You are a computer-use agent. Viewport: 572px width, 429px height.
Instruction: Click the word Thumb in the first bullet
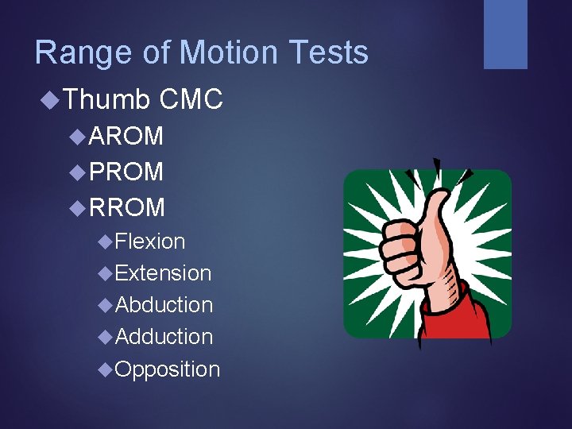tap(106, 99)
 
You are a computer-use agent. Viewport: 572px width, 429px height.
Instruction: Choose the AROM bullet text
tap(127, 137)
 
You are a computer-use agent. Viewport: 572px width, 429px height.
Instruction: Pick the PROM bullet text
tap(127, 172)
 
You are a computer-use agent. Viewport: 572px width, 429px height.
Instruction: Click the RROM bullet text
tap(128, 207)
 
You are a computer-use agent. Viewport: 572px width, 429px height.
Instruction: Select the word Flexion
tap(150, 242)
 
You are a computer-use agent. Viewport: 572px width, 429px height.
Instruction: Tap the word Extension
tap(163, 273)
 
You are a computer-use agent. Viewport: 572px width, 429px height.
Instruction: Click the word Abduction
tap(164, 305)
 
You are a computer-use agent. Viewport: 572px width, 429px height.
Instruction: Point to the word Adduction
tap(164, 337)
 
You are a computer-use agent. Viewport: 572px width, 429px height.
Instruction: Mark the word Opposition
tap(167, 369)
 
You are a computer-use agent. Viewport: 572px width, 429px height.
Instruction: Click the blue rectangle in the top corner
tap(505, 34)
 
